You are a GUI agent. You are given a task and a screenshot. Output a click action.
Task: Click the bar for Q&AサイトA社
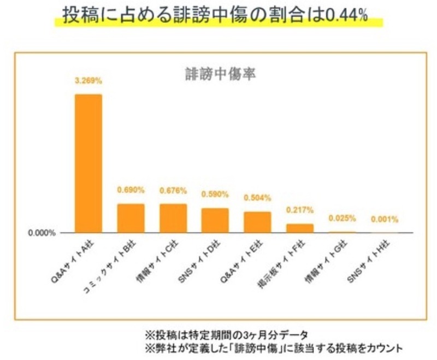point(88,163)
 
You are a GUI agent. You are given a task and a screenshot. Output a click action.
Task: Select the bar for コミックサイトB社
point(131,218)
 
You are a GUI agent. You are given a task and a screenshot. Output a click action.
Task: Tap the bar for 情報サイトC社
point(173,218)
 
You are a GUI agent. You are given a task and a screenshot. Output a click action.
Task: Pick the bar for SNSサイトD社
point(215,220)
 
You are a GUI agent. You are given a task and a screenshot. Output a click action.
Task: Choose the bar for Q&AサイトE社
point(257,222)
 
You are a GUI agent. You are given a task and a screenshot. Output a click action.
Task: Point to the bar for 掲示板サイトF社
point(300,228)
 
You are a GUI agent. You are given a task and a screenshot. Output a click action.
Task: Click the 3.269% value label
point(88,81)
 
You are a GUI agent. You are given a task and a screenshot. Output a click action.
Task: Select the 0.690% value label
point(131,190)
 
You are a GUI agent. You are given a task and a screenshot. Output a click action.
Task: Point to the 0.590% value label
point(215,194)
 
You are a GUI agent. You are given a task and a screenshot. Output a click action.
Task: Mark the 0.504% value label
point(257,198)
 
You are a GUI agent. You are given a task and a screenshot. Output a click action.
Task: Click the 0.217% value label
point(300,210)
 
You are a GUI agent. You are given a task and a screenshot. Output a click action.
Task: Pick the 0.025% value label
point(342,219)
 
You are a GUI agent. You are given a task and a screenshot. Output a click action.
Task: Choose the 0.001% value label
point(385,220)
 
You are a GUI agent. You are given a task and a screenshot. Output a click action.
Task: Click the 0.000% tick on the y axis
point(42,233)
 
